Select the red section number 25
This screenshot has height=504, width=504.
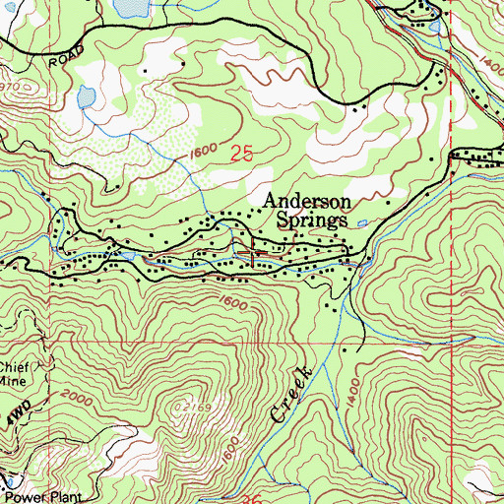242,153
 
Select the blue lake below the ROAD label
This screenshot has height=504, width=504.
86,98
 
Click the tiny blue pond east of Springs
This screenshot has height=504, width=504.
363,223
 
